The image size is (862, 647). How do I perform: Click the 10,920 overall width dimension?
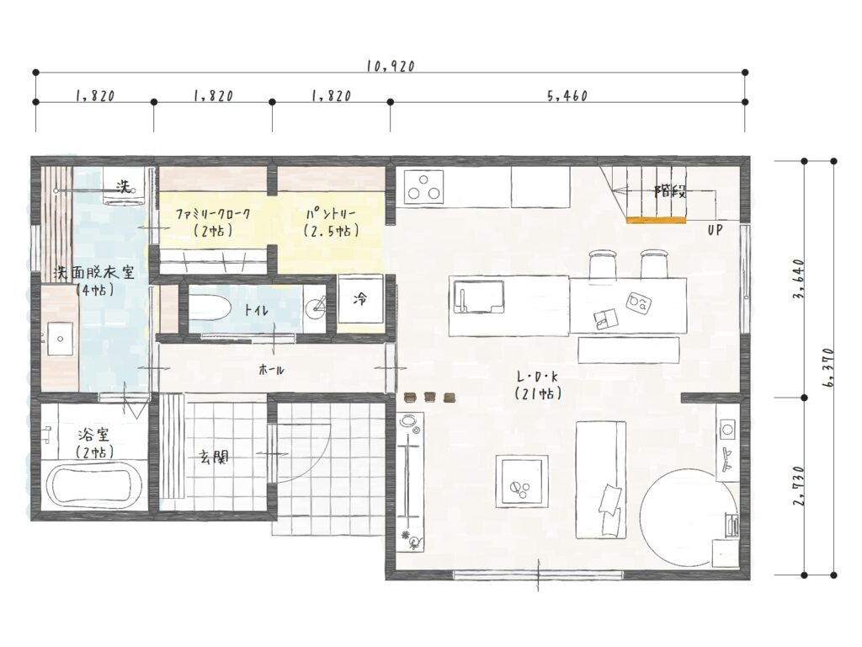(391, 66)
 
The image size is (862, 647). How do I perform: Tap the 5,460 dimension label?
(567, 96)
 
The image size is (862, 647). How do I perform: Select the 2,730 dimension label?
(800, 486)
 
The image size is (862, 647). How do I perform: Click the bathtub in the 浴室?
(93, 486)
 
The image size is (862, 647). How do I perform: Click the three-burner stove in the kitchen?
(423, 186)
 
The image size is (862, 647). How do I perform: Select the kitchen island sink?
(477, 296)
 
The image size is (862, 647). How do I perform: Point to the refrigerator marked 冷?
(360, 299)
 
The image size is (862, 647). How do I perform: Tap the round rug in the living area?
(690, 516)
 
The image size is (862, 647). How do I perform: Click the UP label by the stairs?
(715, 230)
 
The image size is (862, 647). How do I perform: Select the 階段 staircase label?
(669, 192)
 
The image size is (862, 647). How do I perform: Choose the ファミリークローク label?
(213, 213)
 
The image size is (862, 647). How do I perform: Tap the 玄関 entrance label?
(215, 457)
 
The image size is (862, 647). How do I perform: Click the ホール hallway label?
(272, 370)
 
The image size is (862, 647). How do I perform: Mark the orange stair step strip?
(657, 221)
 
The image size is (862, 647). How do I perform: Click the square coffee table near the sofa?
(522, 481)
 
